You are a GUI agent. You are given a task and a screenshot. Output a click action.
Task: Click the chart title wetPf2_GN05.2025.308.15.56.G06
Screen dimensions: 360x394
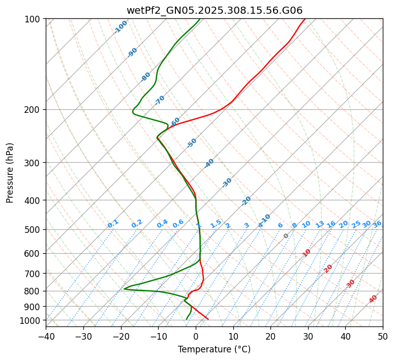[215, 10]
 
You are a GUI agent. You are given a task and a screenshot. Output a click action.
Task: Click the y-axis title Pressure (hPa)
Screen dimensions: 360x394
[10, 173]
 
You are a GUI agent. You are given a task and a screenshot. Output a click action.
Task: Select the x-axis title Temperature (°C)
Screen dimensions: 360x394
[215, 350]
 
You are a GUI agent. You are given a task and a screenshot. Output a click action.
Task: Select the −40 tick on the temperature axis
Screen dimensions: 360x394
[46, 336]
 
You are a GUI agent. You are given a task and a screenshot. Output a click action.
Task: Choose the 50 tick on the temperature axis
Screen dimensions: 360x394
[383, 336]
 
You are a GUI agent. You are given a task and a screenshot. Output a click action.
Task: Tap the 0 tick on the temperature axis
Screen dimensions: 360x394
[196, 336]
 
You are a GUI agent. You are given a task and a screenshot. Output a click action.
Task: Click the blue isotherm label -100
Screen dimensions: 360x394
[120, 27]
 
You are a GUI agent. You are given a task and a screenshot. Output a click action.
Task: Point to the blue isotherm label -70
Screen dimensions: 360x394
[160, 100]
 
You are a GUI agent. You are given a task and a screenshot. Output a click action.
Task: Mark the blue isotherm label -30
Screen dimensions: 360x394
[227, 183]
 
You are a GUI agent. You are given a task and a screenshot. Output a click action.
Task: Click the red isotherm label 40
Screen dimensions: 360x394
[373, 299]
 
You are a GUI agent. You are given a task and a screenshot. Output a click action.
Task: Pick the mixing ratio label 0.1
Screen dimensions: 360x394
[113, 224]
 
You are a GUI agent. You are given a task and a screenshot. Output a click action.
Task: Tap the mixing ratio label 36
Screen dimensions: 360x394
[377, 224]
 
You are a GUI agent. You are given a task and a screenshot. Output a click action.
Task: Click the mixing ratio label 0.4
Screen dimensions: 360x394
[162, 224]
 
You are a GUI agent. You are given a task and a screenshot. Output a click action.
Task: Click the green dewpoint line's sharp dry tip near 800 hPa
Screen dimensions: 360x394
[125, 289]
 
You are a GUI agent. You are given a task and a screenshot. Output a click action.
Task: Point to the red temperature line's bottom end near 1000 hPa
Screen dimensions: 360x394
[207, 319]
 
